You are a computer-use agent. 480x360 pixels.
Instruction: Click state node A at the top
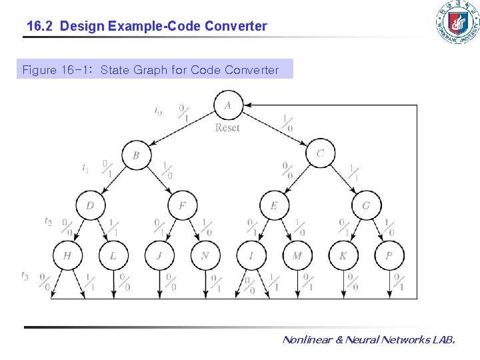pos(228,105)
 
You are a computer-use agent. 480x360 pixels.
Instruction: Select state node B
pos(136,155)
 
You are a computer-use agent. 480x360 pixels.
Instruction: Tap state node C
pos(320,154)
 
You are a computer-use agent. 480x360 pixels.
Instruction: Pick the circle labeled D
pos(90,205)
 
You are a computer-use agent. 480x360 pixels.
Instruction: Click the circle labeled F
pos(182,205)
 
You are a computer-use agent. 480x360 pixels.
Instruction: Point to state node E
pos(274,205)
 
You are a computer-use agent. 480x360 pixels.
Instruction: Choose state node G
pos(365,205)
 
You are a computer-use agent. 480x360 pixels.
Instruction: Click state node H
pos(67,255)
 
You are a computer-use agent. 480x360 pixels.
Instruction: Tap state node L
pos(113,255)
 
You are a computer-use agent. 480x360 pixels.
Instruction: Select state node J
pos(159,255)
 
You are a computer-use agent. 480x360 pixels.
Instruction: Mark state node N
pos(205,255)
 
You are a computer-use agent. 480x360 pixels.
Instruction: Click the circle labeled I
pos(251,255)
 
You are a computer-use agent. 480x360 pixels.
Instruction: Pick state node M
pos(297,255)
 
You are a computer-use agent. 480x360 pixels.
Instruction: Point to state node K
pos(343,255)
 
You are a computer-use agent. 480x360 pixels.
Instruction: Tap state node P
pos(389,255)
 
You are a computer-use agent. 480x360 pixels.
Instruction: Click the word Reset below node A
pos(227,127)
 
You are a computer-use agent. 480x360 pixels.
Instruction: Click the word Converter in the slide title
pos(236,27)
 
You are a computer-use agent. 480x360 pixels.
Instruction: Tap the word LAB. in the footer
pos(443,340)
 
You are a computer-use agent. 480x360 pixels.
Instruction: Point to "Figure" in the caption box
pos(39,70)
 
